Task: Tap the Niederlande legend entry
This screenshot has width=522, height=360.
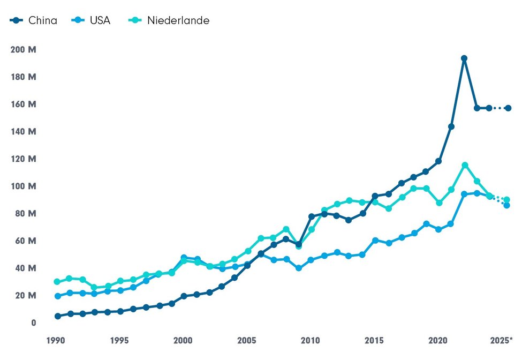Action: [x=169, y=21]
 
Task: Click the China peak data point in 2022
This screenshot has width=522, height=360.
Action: [x=464, y=58]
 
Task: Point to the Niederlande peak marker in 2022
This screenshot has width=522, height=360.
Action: [x=465, y=166]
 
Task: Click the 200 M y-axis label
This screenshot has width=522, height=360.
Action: [x=23, y=50]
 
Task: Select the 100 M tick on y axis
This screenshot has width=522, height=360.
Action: [x=23, y=186]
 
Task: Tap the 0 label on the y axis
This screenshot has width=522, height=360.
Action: [x=33, y=322]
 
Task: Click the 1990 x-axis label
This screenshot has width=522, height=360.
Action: [x=57, y=340]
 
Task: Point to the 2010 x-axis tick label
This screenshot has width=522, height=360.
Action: [x=311, y=340]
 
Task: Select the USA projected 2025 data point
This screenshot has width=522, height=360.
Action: [x=506, y=205]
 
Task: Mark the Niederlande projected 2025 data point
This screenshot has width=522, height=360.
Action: [x=506, y=200]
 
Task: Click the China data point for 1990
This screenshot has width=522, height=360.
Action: [x=57, y=316]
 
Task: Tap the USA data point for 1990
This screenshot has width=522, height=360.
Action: [x=57, y=296]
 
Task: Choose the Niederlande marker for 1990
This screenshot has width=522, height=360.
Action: [x=57, y=282]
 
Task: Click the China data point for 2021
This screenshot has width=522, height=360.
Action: [x=451, y=127]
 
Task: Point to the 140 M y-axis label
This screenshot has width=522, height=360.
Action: [x=23, y=132]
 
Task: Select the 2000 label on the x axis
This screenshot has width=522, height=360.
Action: [x=184, y=340]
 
